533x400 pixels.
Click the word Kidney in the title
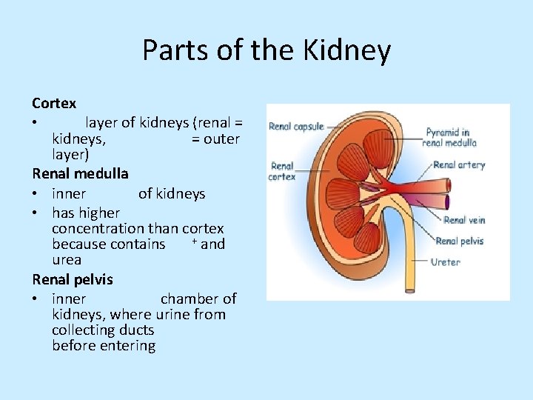[348, 50]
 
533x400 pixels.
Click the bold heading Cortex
[54, 103]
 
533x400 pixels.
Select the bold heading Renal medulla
[80, 174]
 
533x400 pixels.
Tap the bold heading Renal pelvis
[73, 279]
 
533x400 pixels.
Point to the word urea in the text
[67, 260]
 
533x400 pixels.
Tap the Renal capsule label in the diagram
[296, 127]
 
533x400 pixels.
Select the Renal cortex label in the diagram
[282, 171]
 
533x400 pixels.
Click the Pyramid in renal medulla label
[449, 137]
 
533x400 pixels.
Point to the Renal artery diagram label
[458, 164]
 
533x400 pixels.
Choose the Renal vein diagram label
[464, 220]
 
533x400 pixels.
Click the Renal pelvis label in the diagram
[460, 241]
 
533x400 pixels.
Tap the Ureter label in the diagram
[445, 261]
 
